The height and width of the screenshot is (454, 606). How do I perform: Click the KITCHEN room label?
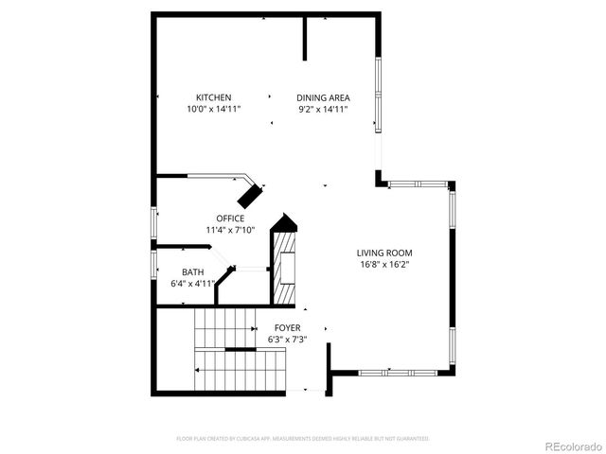(213, 97)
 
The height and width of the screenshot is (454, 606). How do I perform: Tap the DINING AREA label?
(323, 97)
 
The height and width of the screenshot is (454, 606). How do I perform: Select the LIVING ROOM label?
(384, 253)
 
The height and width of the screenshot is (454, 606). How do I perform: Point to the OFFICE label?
(230, 218)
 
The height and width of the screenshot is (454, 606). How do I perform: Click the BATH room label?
(192, 271)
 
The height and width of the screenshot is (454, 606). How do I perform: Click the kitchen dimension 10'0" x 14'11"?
(213, 110)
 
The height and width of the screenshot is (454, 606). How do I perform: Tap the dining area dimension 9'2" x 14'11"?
(323, 110)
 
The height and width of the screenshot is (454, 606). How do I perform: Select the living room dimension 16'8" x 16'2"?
(384, 265)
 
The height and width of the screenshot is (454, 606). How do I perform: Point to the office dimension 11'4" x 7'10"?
(230, 230)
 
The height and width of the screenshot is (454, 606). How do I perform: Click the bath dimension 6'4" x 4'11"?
(192, 283)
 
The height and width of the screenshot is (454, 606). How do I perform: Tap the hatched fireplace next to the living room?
(285, 270)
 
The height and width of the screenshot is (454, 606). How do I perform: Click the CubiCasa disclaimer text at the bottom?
(303, 439)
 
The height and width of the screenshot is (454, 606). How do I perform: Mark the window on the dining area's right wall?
(378, 95)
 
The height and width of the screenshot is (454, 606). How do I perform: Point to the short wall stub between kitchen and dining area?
(305, 38)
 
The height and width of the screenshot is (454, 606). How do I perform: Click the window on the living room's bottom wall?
(402, 372)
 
